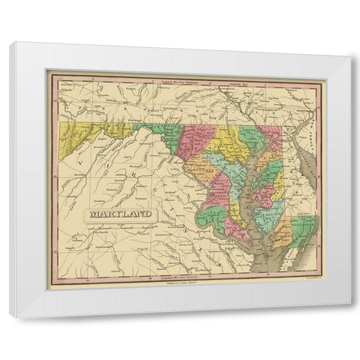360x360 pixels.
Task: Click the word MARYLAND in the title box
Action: [x=119, y=214]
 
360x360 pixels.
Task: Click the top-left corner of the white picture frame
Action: [x=11, y=44]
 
